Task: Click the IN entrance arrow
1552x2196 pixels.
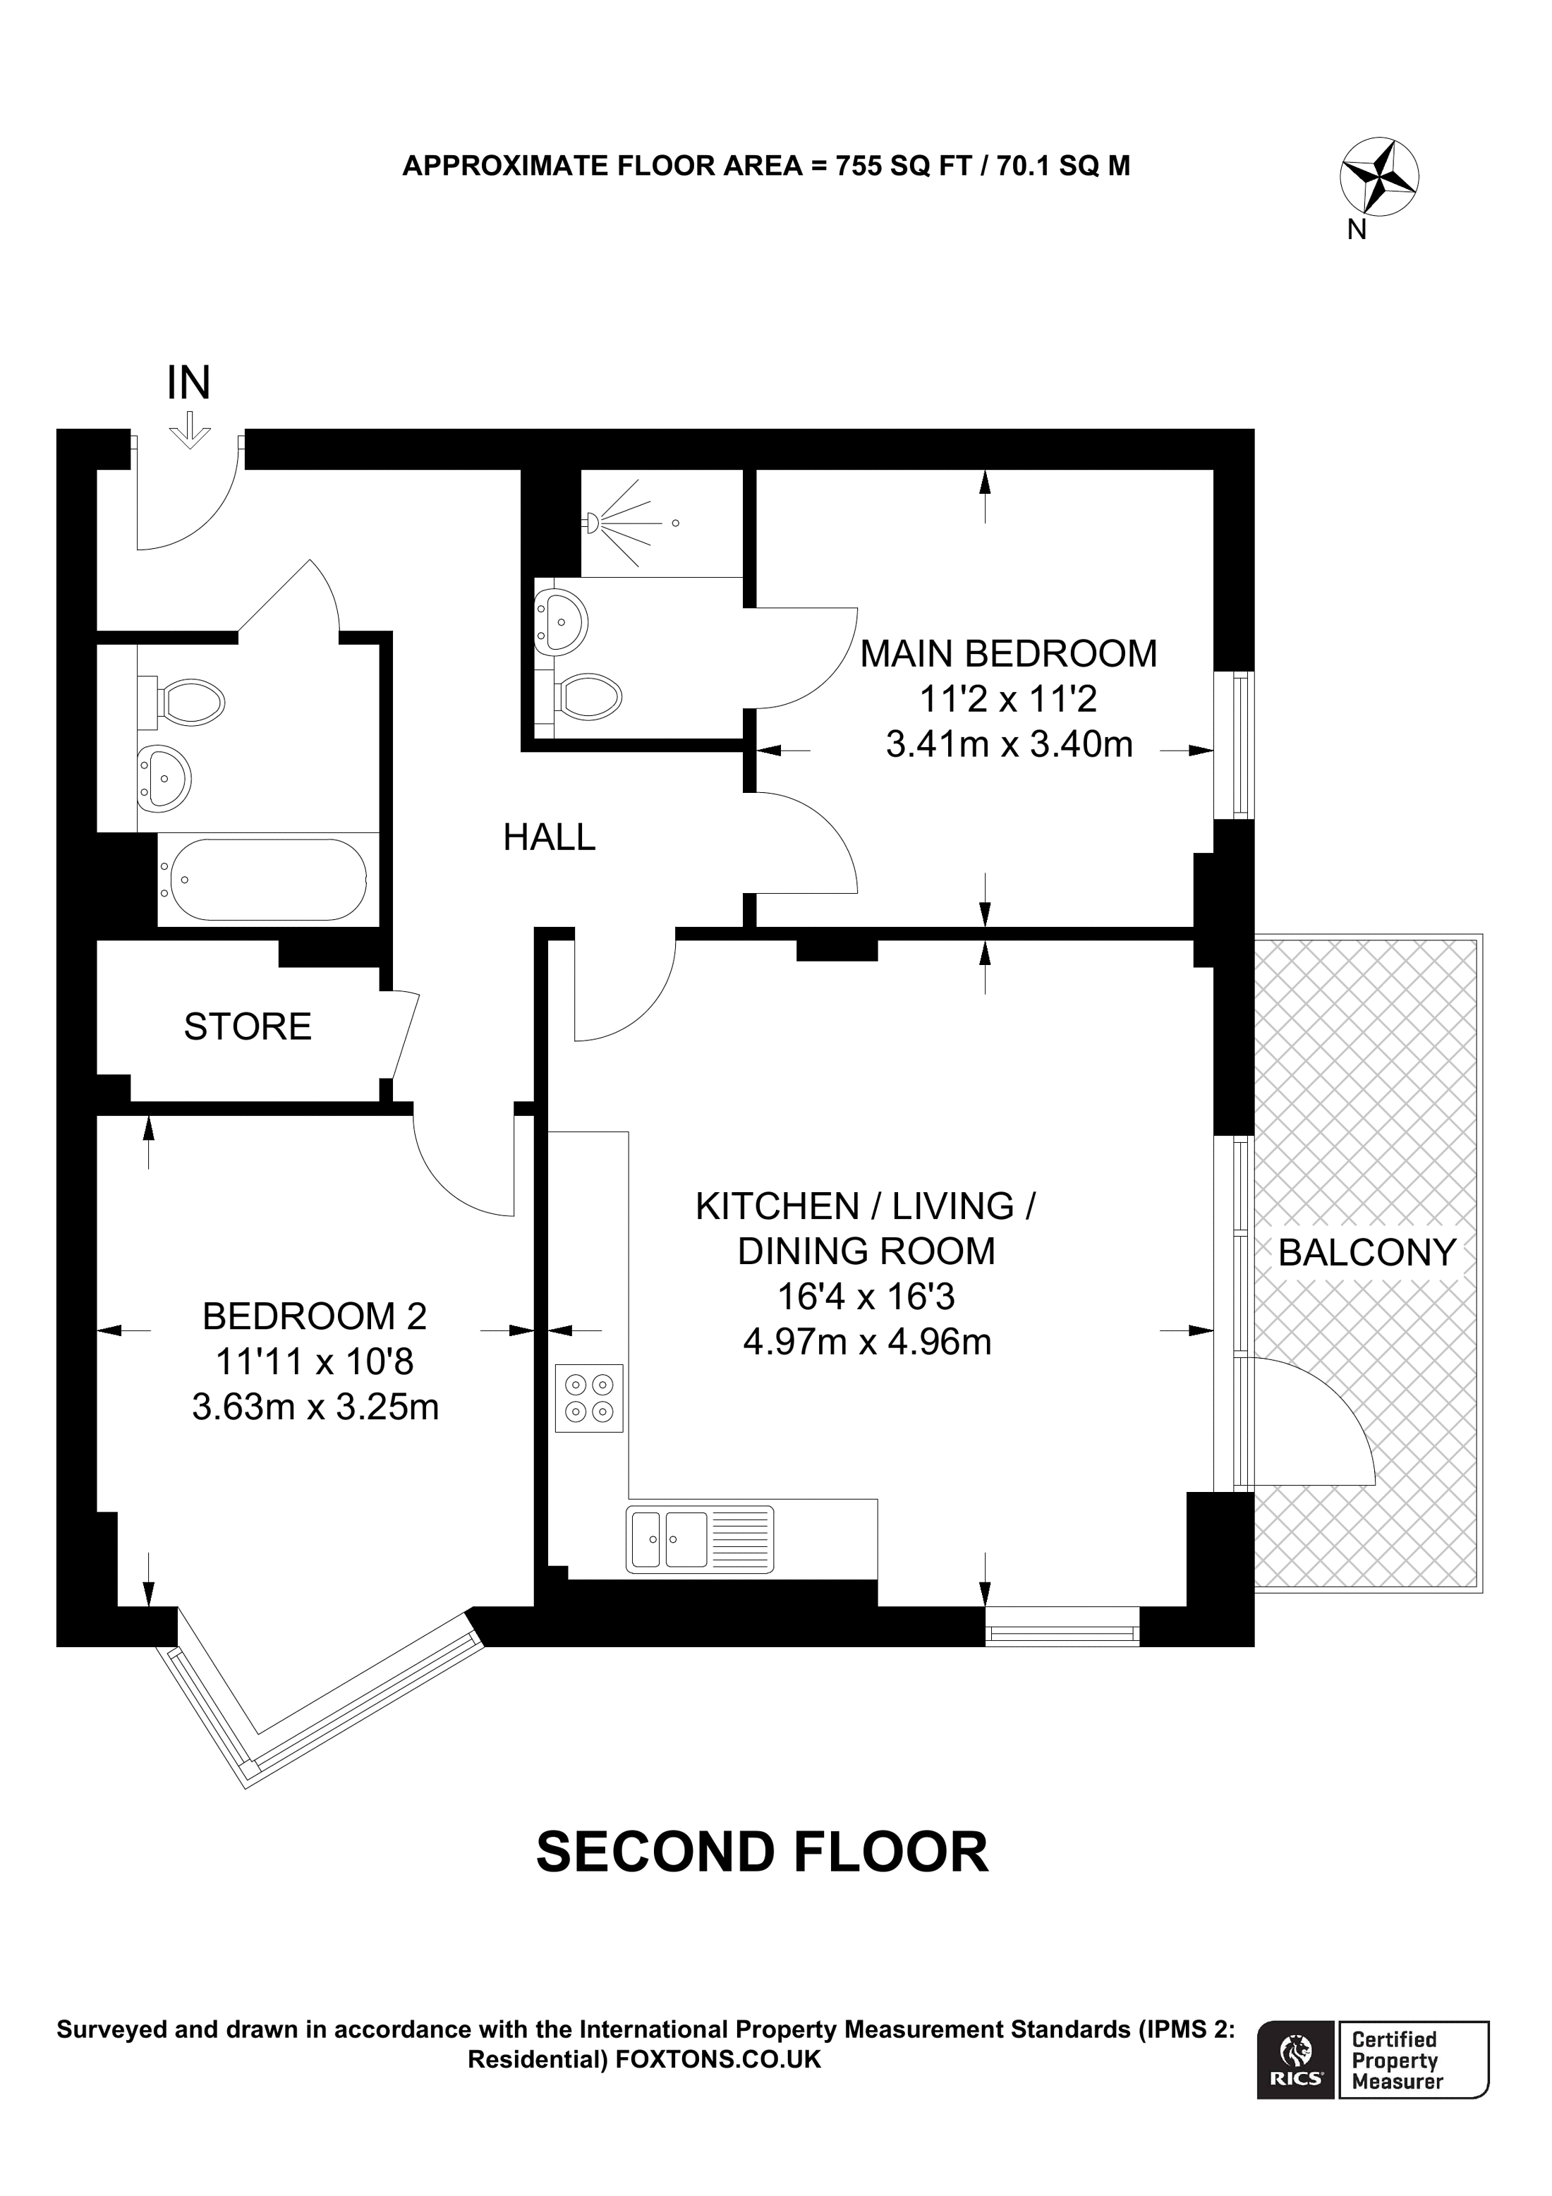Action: [189, 430]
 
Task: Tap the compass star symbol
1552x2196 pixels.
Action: [1379, 177]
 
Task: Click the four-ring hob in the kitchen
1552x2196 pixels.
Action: [589, 1397]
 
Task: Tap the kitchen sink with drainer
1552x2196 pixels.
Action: [700, 1539]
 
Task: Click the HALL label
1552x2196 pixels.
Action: [549, 838]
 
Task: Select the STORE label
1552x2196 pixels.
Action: [248, 1027]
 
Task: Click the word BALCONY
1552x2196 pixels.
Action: [1366, 1253]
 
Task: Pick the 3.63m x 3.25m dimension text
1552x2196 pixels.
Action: [315, 1407]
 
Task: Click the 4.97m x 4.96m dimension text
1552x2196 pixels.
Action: [866, 1342]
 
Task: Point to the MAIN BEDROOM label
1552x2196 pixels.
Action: [1008, 654]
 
